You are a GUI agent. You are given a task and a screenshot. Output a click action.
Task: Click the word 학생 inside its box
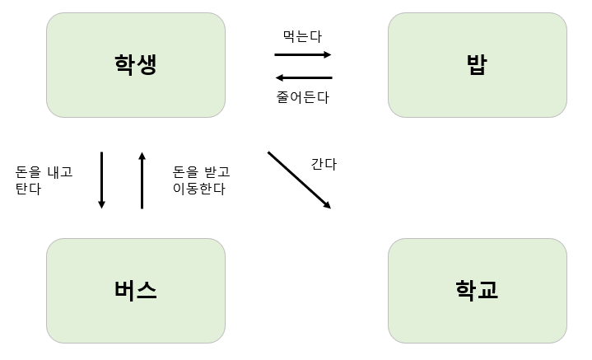coord(136,64)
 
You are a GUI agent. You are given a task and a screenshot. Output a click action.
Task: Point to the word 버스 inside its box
coord(136,290)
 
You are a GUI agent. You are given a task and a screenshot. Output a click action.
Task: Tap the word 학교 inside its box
coord(477,290)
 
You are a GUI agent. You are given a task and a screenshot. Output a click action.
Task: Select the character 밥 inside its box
coord(477,64)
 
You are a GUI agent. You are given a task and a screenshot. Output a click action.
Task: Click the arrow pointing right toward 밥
coord(302,55)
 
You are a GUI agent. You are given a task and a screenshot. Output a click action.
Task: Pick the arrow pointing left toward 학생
coord(302,77)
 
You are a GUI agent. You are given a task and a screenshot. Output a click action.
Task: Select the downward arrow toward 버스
coord(102,180)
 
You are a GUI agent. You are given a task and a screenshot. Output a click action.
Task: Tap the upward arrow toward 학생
coord(142,180)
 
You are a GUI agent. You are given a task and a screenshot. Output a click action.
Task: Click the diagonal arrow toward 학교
coord(299,180)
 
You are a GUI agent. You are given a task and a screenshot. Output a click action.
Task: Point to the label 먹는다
coord(302,36)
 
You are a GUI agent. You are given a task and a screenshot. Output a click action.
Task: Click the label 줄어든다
coord(302,97)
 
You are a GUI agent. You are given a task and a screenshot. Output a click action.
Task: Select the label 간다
coord(324,163)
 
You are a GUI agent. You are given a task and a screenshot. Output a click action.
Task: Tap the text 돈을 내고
coord(44,171)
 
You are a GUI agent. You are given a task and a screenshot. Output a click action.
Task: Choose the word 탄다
coord(28,189)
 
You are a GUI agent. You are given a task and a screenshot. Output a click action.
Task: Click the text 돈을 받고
coord(201,171)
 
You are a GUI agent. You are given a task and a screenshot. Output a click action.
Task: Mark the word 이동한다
coord(198,189)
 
